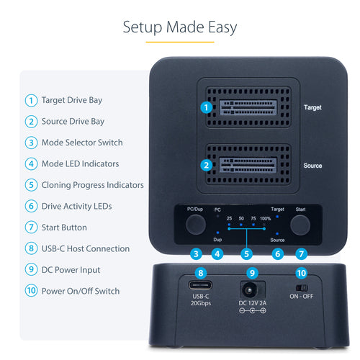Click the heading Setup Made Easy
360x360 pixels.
click(x=179, y=28)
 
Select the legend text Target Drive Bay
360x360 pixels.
click(x=73, y=100)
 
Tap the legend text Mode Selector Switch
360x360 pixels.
click(x=82, y=143)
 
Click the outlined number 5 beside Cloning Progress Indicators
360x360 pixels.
click(x=31, y=185)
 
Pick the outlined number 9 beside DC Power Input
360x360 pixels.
click(x=31, y=270)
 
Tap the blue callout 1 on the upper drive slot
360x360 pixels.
click(x=207, y=108)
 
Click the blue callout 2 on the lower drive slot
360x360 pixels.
click(x=207, y=165)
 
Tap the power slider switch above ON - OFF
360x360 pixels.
click(x=301, y=287)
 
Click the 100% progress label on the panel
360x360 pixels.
click(x=266, y=217)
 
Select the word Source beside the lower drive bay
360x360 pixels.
click(x=312, y=166)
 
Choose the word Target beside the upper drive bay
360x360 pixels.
click(x=312, y=107)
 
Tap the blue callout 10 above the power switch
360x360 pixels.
click(x=301, y=273)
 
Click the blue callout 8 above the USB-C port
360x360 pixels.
click(x=201, y=273)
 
